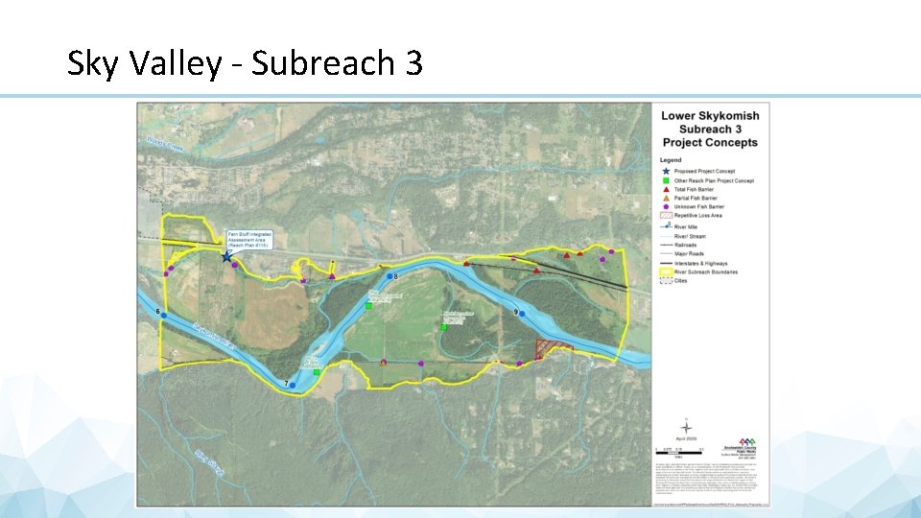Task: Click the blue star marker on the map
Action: click(x=226, y=256)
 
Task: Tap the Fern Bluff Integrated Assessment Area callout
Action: click(x=249, y=239)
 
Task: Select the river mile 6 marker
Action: click(x=164, y=315)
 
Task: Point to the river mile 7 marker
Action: click(x=294, y=383)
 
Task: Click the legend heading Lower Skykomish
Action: click(x=709, y=116)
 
